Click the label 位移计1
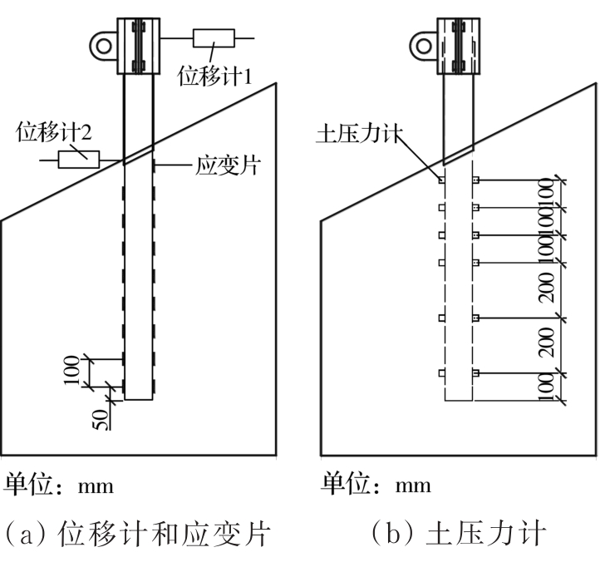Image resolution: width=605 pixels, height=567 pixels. point(214,76)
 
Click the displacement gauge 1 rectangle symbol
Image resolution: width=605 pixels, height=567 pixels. point(214,39)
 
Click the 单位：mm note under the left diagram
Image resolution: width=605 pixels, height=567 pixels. point(57,484)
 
